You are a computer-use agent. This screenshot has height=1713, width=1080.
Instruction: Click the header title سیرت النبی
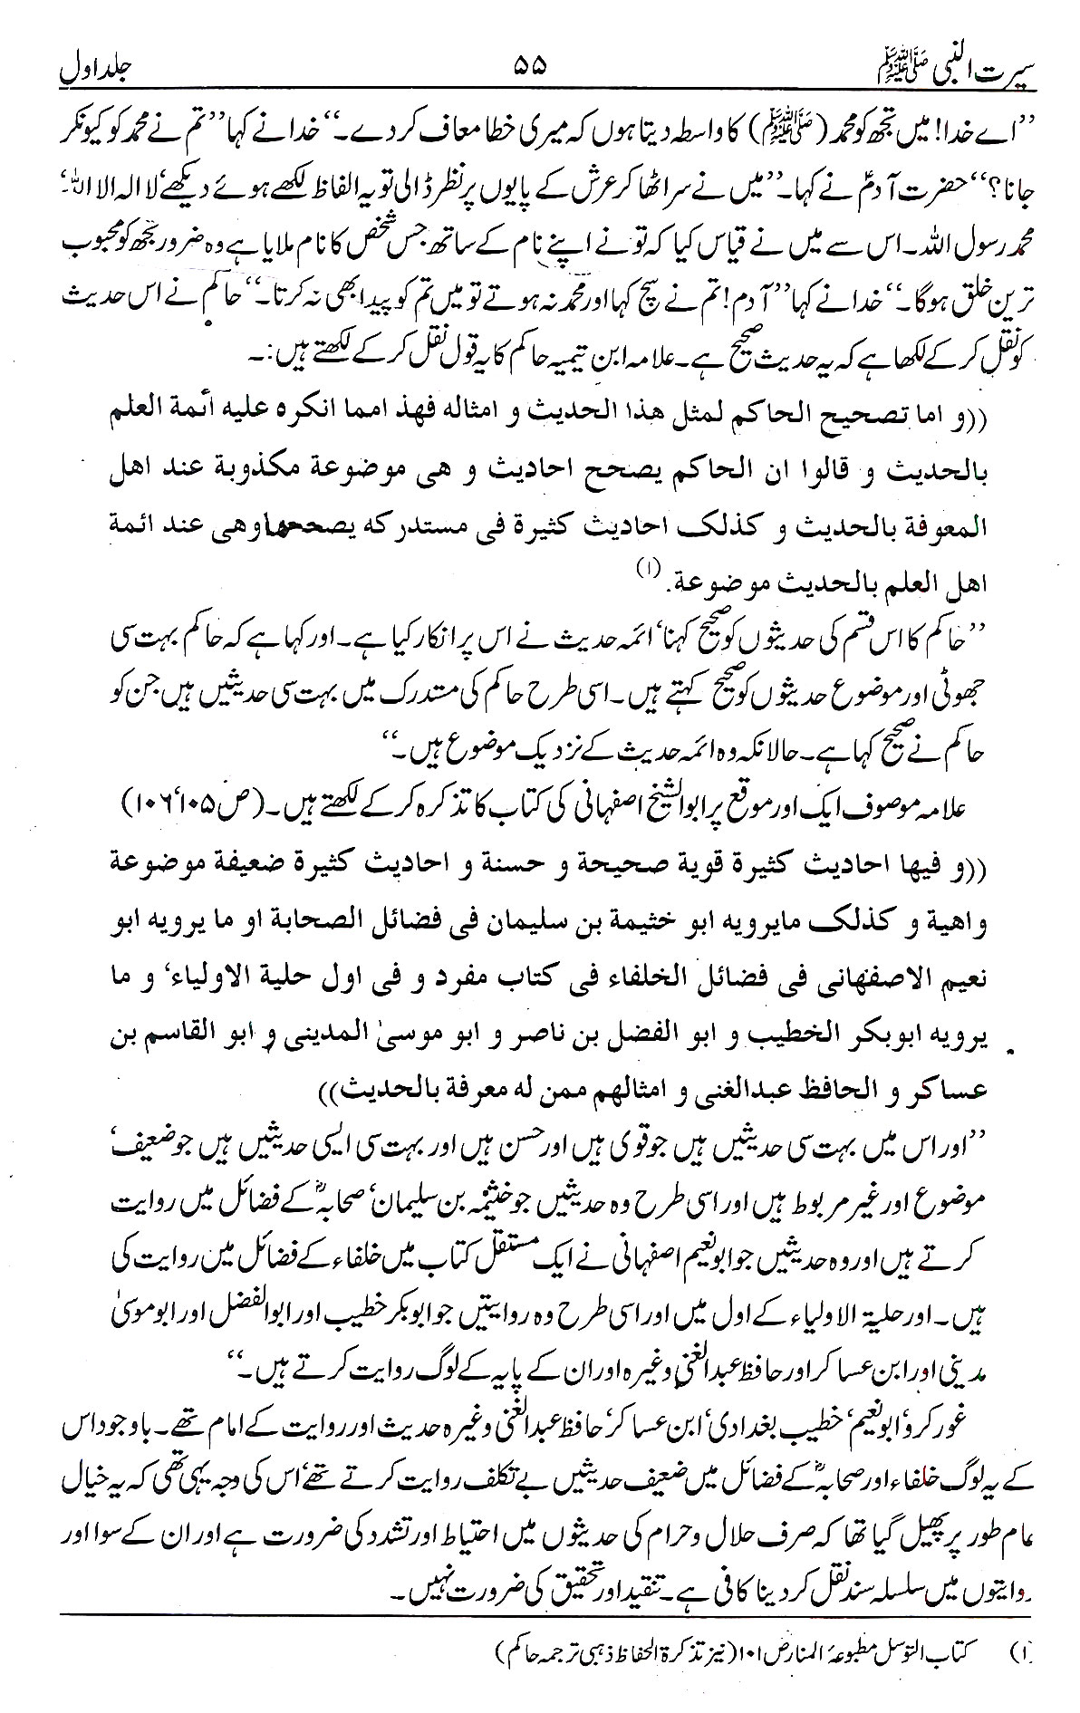pos(974,66)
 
